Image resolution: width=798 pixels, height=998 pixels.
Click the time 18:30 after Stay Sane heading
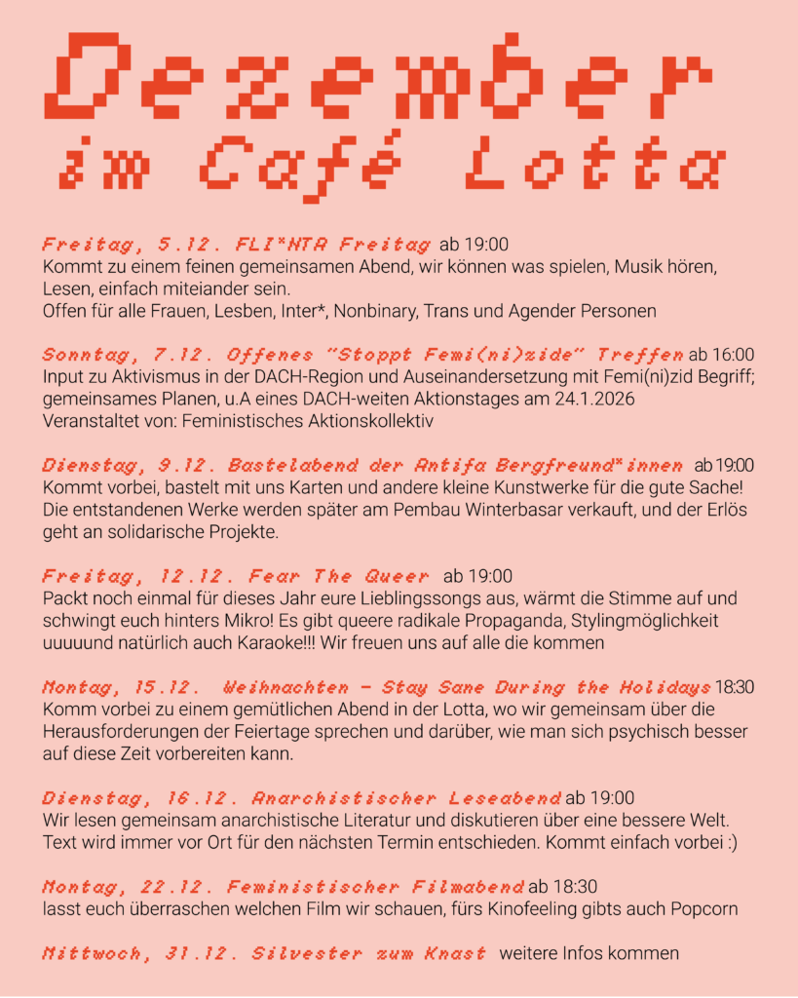point(735,687)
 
